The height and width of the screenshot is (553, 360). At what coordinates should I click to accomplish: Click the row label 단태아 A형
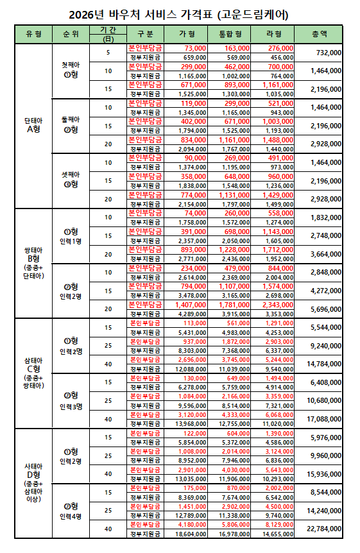(33, 124)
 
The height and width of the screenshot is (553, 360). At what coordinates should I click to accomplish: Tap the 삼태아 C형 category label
(33, 373)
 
